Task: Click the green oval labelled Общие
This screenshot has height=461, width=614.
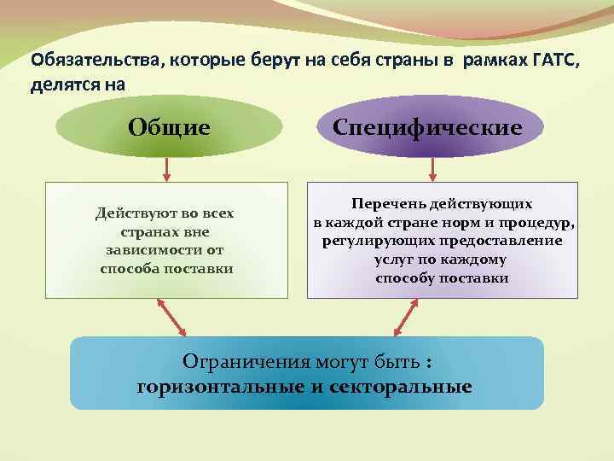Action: click(169, 127)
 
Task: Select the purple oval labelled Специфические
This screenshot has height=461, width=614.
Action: click(427, 127)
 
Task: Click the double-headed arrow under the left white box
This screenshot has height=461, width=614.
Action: click(172, 317)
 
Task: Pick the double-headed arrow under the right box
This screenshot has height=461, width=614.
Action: click(405, 317)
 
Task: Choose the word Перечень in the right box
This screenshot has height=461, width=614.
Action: click(381, 204)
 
